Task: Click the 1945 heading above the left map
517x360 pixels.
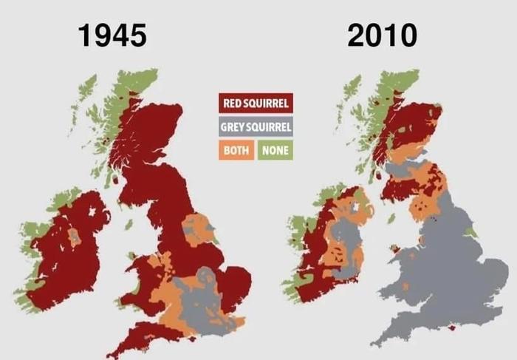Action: (x=114, y=35)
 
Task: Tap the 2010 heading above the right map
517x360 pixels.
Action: (x=382, y=35)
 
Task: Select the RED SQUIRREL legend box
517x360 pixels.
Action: (x=256, y=102)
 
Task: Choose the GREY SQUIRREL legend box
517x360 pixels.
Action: (x=256, y=126)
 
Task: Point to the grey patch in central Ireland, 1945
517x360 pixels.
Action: (x=75, y=237)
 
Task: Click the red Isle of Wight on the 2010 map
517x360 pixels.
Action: (x=463, y=333)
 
